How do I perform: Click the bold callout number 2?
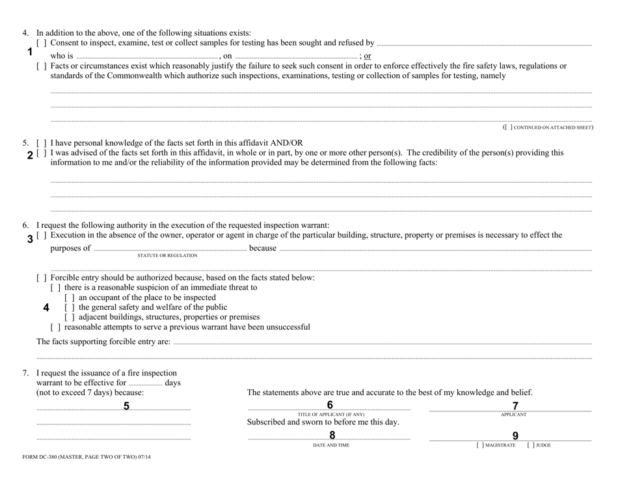[x=30, y=156]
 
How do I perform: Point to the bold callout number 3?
[x=30, y=239]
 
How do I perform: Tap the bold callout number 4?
[x=46, y=308]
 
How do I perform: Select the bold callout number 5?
[x=126, y=407]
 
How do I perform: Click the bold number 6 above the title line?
[x=330, y=405]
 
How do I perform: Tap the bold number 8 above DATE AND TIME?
[x=332, y=435]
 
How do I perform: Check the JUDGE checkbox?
[x=530, y=445]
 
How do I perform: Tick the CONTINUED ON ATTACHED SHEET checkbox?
[x=509, y=128]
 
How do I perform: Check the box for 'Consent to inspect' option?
[x=41, y=44]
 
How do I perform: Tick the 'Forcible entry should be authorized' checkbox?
[x=41, y=278]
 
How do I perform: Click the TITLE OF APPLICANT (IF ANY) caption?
[x=331, y=415]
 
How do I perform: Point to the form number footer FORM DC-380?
[x=86, y=457]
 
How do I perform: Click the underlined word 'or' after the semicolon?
[x=368, y=56]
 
